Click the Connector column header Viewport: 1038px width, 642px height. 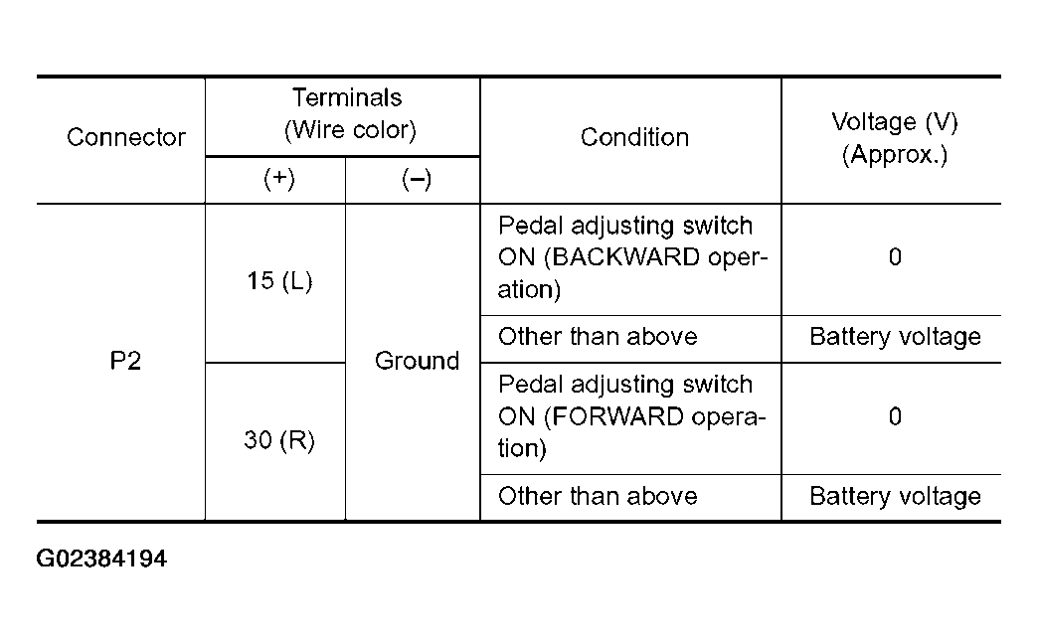pos(126,137)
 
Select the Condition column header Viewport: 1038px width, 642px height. pos(635,137)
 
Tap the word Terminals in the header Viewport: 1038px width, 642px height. pos(347,97)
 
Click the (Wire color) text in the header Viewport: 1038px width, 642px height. pos(350,130)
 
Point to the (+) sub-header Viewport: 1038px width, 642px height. pos(279,178)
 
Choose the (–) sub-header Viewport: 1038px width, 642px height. pos(417,179)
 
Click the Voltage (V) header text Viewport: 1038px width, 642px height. pos(895,122)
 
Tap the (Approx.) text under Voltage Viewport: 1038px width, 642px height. pos(895,154)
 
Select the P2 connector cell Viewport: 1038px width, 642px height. pos(125,361)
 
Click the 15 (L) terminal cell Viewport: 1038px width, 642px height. pos(279,280)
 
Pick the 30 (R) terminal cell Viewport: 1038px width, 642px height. pos(279,439)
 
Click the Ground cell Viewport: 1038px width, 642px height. pos(417,361)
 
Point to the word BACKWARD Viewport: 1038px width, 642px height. pos(625,256)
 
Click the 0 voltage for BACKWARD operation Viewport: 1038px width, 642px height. pos(895,256)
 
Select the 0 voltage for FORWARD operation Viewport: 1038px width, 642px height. pos(895,416)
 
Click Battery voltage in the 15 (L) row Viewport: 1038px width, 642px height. pos(895,337)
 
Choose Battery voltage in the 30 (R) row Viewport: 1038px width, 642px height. pos(895,496)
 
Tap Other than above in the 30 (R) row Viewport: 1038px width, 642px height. pos(598,496)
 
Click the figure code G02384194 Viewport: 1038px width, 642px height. pos(101,559)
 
